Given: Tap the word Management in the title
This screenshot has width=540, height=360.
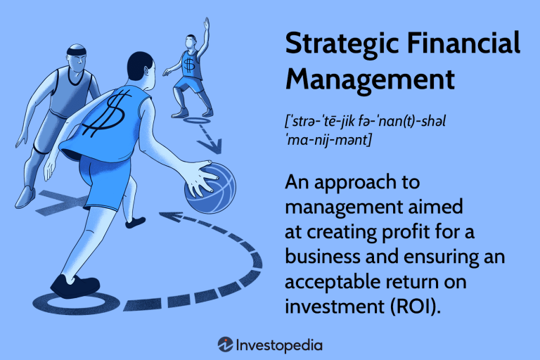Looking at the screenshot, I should pos(370,79).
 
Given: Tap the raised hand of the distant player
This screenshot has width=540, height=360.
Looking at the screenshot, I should pos(206,22).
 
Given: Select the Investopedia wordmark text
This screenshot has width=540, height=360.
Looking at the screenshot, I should pos(279,345).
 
